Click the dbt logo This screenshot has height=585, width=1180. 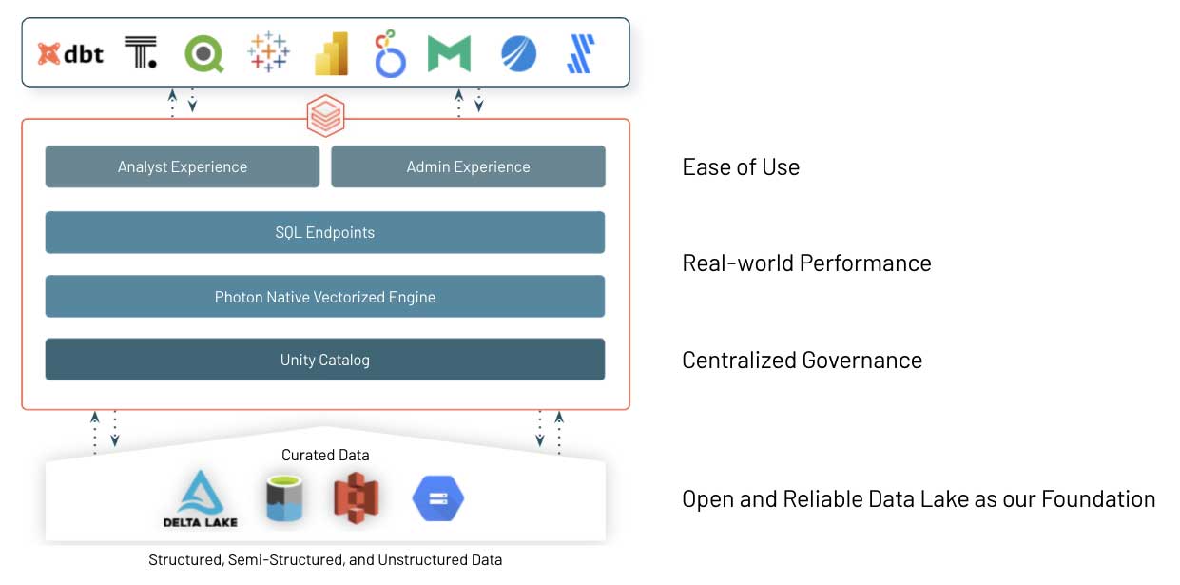[x=70, y=53]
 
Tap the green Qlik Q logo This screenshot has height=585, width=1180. [x=203, y=53]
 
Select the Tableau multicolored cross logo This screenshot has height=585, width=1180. [x=268, y=52]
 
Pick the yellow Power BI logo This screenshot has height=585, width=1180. [x=331, y=53]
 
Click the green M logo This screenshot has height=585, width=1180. [x=449, y=54]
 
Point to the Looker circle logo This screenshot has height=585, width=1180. [x=390, y=54]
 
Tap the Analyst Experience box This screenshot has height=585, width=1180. [x=183, y=166]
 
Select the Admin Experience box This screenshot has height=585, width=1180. [x=468, y=166]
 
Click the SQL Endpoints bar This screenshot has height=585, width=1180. [x=325, y=232]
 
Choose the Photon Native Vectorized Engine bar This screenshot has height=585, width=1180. [x=325, y=297]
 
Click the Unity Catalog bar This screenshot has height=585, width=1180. [x=325, y=360]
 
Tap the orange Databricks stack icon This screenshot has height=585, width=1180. [x=325, y=118]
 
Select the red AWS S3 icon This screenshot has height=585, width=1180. [x=356, y=498]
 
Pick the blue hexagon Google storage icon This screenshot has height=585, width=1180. [x=437, y=498]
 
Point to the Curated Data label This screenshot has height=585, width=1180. [x=325, y=456]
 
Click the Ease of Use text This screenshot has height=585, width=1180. [x=741, y=167]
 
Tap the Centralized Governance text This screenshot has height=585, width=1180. [x=802, y=360]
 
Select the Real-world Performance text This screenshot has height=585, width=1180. [x=806, y=263]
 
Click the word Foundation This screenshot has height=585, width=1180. [x=1098, y=498]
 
